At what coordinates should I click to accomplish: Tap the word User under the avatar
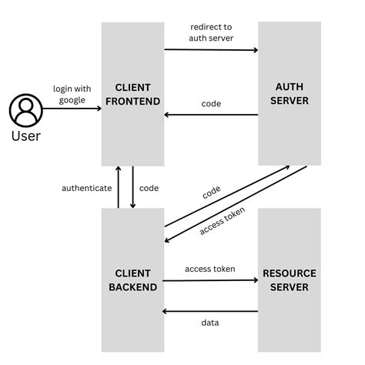(25, 136)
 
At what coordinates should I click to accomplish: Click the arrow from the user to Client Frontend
(72, 109)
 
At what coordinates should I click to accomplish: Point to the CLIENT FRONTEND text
(132, 93)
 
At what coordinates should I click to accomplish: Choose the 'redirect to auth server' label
(211, 32)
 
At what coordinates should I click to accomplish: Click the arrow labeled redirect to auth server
(211, 50)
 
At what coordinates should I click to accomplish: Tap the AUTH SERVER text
(289, 93)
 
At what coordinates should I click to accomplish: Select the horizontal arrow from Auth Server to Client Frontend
(211, 116)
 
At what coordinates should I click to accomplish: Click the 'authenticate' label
(87, 188)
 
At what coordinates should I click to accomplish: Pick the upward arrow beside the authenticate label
(118, 187)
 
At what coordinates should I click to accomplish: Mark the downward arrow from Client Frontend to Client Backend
(132, 187)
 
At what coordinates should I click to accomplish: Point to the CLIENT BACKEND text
(132, 280)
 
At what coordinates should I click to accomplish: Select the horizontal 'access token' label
(210, 269)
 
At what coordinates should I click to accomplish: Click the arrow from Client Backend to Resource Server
(210, 280)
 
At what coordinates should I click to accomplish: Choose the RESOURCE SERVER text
(289, 280)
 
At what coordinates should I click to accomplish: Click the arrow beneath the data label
(210, 313)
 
